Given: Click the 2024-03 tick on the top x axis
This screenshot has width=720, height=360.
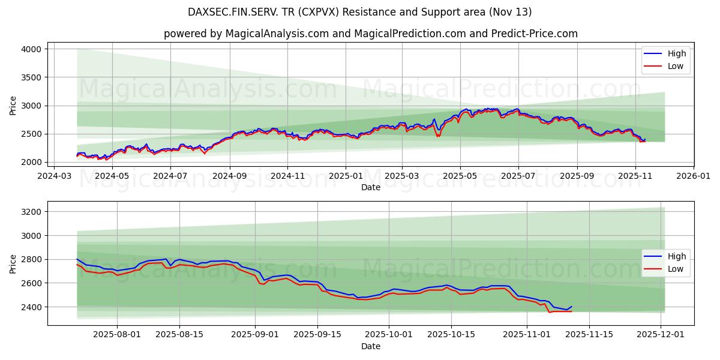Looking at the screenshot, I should coord(55,176).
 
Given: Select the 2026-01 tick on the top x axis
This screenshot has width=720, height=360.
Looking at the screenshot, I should coord(694,176).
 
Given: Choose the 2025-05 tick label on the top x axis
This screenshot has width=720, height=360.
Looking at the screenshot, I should coord(460,176).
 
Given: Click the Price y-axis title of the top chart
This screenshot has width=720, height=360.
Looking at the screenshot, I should coord(13,105).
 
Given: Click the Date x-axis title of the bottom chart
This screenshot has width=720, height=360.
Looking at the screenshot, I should coord(370,346).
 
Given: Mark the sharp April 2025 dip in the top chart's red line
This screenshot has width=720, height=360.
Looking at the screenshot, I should coord(437,136).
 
